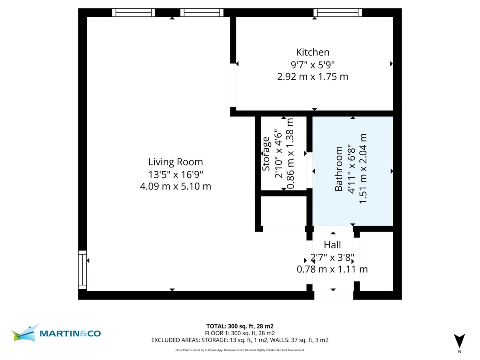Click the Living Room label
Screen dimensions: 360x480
176,162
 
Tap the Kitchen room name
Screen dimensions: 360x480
312,52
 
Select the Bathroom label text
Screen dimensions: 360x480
339,169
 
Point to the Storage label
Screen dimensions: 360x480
266,154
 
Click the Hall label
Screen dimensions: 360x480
332,245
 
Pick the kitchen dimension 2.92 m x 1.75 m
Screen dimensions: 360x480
312,76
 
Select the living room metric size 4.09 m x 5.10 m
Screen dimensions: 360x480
176,186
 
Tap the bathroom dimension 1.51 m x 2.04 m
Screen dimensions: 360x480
363,169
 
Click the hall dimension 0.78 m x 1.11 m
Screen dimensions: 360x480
332,269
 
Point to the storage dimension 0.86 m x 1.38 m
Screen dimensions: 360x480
290,154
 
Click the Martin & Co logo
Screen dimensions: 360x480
56,333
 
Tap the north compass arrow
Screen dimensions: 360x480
460,341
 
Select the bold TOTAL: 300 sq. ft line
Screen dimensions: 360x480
240,326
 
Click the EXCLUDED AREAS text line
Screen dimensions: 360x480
240,340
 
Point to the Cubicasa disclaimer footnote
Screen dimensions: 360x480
240,350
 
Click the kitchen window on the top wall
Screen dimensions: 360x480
338,12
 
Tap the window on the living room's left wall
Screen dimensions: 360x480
82,269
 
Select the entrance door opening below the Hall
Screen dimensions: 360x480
334,295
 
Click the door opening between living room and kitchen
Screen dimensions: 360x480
233,85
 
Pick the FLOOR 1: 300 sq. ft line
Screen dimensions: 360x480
240,333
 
